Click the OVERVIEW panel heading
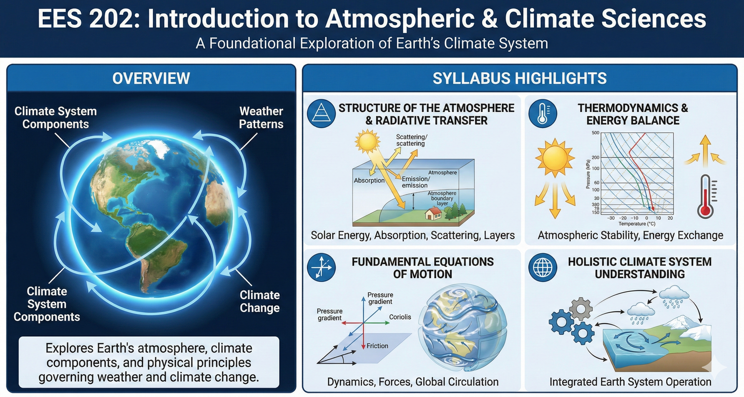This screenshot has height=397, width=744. click(151, 78)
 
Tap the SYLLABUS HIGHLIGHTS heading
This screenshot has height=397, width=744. click(519, 78)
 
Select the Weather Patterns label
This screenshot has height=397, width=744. click(261, 117)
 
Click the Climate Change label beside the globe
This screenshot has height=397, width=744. click(259, 301)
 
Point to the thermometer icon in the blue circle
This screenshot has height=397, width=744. click(543, 114)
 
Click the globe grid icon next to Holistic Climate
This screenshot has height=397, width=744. click(543, 267)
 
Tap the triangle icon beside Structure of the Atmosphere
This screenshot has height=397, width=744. click(321, 114)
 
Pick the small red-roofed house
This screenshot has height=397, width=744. click(434, 213)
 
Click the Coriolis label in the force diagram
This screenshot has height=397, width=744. click(400, 317)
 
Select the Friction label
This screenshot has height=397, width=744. click(377, 346)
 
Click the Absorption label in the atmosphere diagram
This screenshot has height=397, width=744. click(369, 180)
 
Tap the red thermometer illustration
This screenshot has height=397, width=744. click(705, 197)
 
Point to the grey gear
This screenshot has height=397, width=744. click(580, 308)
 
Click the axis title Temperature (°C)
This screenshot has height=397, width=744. click(637, 224)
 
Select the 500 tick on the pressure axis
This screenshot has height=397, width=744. click(596, 133)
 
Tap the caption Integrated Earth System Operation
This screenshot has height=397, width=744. click(630, 382)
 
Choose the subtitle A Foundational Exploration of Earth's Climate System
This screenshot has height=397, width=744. click(372, 43)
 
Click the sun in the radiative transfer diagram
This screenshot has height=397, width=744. click(367, 141)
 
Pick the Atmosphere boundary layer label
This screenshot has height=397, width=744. click(442, 198)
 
